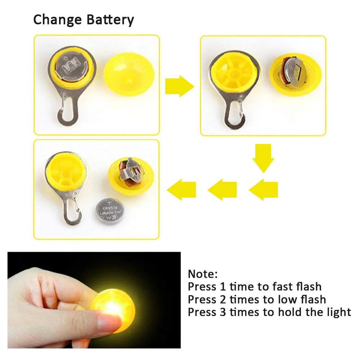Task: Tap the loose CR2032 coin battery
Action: [x=111, y=212]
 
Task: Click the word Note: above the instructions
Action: [x=203, y=274]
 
